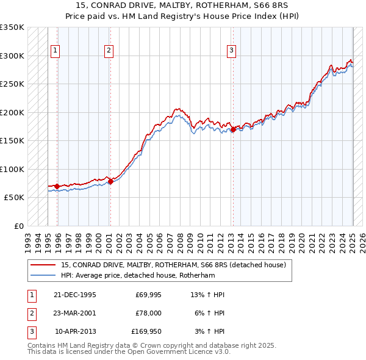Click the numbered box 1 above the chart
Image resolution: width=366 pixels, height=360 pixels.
(x=56, y=51)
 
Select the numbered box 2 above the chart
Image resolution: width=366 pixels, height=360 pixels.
(x=109, y=51)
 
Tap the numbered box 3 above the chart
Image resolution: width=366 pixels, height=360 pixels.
(x=232, y=51)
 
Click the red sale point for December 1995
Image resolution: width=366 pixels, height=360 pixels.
(x=57, y=186)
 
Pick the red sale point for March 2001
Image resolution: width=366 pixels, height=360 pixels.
(x=110, y=181)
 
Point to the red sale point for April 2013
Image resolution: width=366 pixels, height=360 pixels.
(x=233, y=129)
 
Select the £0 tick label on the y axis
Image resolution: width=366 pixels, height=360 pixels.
(x=19, y=226)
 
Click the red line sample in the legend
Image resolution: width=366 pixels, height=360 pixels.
(x=43, y=265)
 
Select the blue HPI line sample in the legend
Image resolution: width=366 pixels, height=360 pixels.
(x=43, y=275)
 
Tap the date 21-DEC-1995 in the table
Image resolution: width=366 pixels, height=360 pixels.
(x=75, y=295)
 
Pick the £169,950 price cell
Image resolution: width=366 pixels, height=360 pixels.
(x=146, y=332)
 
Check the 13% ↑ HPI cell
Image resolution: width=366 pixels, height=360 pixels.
(x=208, y=295)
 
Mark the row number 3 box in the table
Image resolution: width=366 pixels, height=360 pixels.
(x=30, y=332)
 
